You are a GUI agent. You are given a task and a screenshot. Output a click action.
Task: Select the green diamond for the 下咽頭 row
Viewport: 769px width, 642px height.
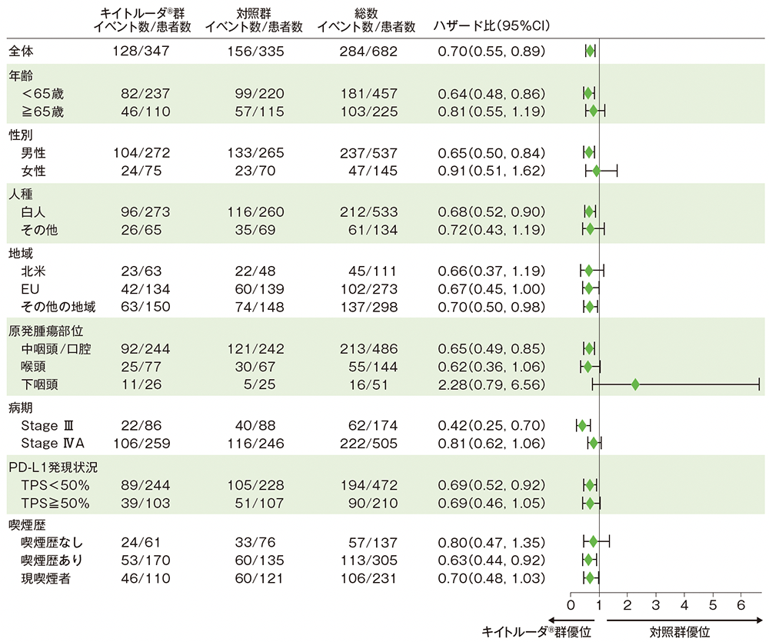[635, 384]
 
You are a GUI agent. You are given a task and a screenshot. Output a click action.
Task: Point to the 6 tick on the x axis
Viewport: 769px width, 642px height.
[741, 604]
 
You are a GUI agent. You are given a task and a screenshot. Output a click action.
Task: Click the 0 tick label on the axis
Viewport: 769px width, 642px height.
[571, 604]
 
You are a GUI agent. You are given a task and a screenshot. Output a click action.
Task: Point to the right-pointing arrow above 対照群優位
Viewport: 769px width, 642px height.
[684, 619]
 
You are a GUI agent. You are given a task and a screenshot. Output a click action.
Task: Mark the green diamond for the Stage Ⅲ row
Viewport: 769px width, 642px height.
[582, 425]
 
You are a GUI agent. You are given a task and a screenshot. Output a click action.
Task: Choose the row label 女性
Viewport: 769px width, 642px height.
[34, 171]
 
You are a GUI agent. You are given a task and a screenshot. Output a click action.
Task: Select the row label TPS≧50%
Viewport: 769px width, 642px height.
[57, 504]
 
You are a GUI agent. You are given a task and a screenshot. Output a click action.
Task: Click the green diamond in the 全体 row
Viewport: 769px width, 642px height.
[590, 52]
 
